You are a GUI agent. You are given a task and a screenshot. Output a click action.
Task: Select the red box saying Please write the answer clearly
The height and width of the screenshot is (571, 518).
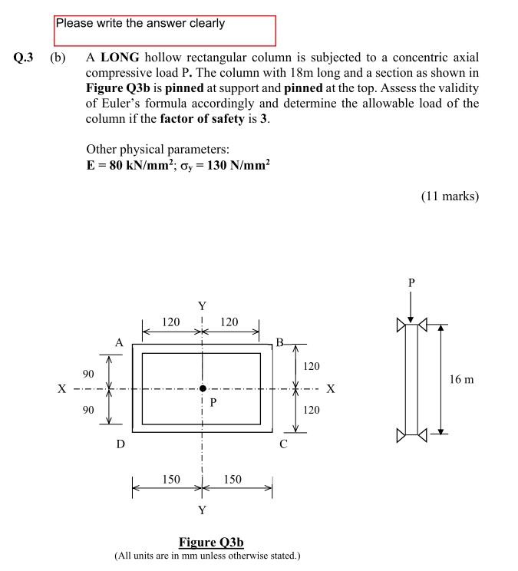[x=165, y=30]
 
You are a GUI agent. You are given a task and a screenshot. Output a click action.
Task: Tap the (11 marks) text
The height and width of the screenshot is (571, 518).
[x=450, y=196]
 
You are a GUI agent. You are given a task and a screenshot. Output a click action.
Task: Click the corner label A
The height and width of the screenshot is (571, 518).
[x=119, y=342]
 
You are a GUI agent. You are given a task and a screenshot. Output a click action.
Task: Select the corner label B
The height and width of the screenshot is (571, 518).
[x=280, y=342]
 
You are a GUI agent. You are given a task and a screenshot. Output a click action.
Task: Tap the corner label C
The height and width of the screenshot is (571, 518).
[x=283, y=443]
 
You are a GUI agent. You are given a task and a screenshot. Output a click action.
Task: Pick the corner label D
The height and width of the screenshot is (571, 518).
[x=120, y=443]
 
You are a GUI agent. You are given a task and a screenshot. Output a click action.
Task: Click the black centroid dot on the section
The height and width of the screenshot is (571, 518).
[x=203, y=388]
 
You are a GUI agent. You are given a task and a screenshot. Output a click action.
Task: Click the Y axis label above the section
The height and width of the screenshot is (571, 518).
[x=202, y=307]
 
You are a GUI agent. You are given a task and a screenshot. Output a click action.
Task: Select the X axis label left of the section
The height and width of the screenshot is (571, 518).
[x=61, y=389]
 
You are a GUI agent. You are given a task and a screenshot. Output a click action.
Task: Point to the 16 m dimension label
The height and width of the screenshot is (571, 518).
[x=462, y=379]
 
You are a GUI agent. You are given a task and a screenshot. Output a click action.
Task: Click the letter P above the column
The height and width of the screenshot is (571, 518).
[x=411, y=283]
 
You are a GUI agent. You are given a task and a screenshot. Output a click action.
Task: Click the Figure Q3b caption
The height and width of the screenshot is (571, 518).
[x=211, y=543]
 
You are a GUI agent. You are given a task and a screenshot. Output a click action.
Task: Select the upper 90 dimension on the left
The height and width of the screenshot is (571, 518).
[x=88, y=374]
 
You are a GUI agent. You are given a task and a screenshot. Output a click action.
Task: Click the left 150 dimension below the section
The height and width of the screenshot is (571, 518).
[x=171, y=480]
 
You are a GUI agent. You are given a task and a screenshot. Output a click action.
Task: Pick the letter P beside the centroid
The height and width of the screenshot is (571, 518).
[x=213, y=401]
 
